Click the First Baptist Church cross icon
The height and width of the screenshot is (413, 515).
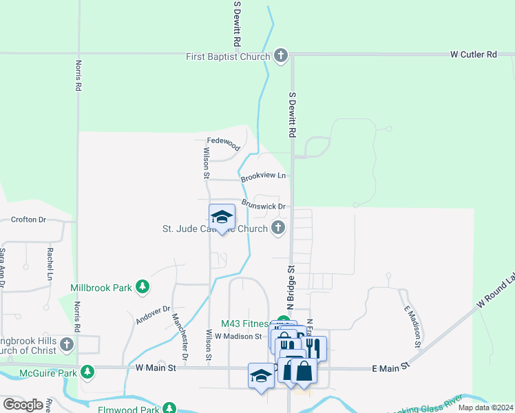pyautogui.click(x=280, y=56)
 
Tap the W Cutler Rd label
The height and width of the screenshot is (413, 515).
pyautogui.click(x=473, y=54)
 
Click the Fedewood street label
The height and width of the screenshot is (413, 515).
pyautogui.click(x=223, y=147)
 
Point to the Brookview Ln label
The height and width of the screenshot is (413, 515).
pyautogui.click(x=263, y=176)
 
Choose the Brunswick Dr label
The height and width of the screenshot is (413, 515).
pyautogui.click(x=264, y=206)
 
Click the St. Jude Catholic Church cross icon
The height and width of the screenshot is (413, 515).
pyautogui.click(x=278, y=228)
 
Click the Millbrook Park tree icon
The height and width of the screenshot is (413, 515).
pyautogui.click(x=142, y=287)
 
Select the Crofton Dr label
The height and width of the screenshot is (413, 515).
pyautogui.click(x=28, y=220)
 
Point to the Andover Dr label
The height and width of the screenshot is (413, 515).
pyautogui.click(x=153, y=314)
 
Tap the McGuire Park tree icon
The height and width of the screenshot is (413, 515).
pyautogui.click(x=87, y=372)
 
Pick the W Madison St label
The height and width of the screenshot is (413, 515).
pyautogui.click(x=238, y=337)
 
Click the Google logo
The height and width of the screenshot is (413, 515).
pyautogui.click(x=23, y=405)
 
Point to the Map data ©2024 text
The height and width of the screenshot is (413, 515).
pyautogui.click(x=485, y=407)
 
